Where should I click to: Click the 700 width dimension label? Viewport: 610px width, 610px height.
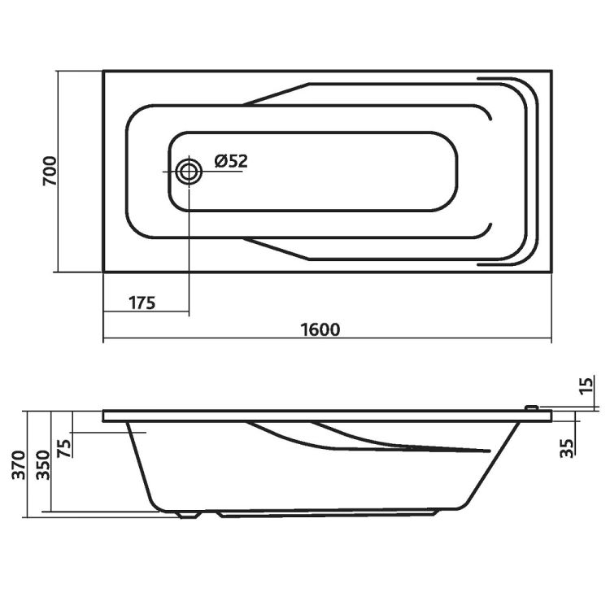(50, 171)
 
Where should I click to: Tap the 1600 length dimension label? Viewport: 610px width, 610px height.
(320, 329)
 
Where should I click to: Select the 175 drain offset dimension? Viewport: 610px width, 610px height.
(142, 303)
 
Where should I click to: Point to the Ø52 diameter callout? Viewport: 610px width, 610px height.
(231, 161)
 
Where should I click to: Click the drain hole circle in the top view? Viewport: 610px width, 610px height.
(189, 172)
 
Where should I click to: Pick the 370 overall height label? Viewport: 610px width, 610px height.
(19, 465)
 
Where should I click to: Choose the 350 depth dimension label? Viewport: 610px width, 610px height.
(43, 465)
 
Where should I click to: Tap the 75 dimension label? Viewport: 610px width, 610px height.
(64, 448)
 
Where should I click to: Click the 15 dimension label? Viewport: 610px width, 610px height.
(587, 386)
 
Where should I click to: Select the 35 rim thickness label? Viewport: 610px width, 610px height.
(566, 448)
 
